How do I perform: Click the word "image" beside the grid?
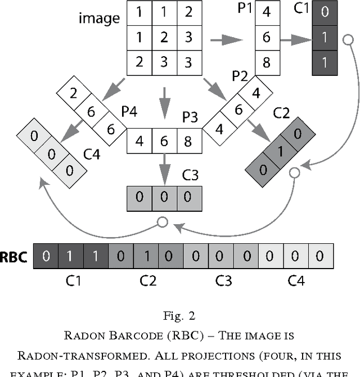coord(99,19)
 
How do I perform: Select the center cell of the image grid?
coord(164,38)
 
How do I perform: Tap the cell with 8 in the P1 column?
coord(267,61)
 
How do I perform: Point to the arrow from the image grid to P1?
coord(226,40)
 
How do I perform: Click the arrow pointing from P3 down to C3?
coord(164,166)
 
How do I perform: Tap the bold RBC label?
coord(15,256)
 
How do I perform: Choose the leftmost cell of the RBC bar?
coord(46,256)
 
